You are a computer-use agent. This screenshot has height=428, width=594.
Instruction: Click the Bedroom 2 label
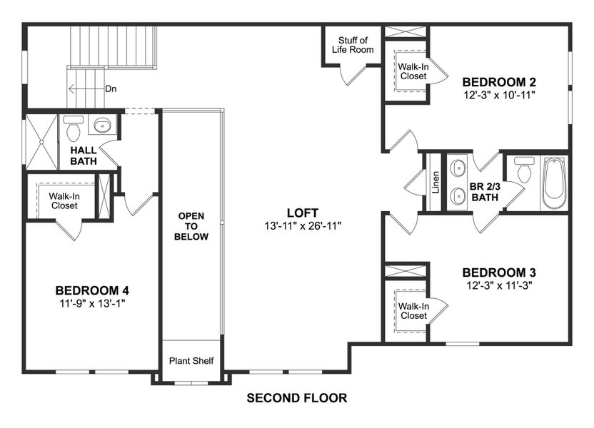(499, 81)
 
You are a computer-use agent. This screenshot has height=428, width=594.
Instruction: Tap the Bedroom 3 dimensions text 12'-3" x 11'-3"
(499, 285)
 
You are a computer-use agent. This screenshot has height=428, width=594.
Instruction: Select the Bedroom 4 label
(92, 290)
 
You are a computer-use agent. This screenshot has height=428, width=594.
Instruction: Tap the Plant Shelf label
(191, 361)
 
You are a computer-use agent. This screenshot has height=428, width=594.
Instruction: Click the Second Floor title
(296, 398)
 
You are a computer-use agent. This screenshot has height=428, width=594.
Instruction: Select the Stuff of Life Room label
(353, 45)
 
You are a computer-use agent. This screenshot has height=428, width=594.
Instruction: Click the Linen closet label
(435, 182)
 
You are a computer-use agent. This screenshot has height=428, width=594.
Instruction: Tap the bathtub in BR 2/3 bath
(554, 183)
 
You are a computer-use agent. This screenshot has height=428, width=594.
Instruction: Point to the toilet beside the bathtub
(525, 171)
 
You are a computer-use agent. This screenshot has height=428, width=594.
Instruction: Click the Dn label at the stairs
(111, 89)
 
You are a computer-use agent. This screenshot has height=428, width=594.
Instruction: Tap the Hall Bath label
(84, 156)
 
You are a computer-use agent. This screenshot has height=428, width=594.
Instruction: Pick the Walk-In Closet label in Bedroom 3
(413, 310)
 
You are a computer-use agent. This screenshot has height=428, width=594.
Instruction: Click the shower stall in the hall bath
(41, 142)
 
